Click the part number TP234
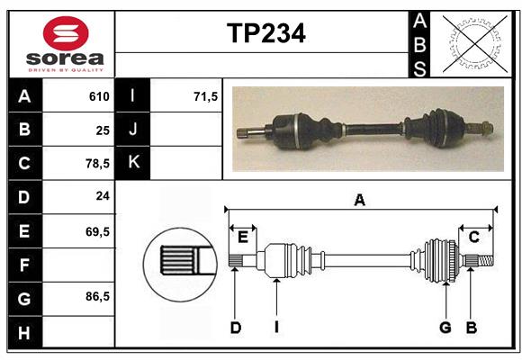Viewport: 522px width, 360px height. coord(265,33)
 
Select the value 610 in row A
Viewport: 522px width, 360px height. coord(99,96)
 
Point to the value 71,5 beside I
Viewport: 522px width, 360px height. coord(206,96)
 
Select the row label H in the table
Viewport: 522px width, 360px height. coord(24,333)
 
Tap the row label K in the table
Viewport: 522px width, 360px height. coord(133,163)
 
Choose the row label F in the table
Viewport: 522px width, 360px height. coord(24,265)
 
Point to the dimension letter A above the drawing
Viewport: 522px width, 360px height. coord(360,201)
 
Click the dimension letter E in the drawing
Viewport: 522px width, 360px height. coord(243,237)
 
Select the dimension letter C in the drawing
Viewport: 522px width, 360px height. coord(473,237)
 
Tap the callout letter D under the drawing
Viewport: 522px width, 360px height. coord(236,328)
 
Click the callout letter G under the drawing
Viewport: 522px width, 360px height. coord(445,328)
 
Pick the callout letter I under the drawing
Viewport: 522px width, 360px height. coord(276,328)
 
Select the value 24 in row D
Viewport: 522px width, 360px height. coord(102,197)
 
